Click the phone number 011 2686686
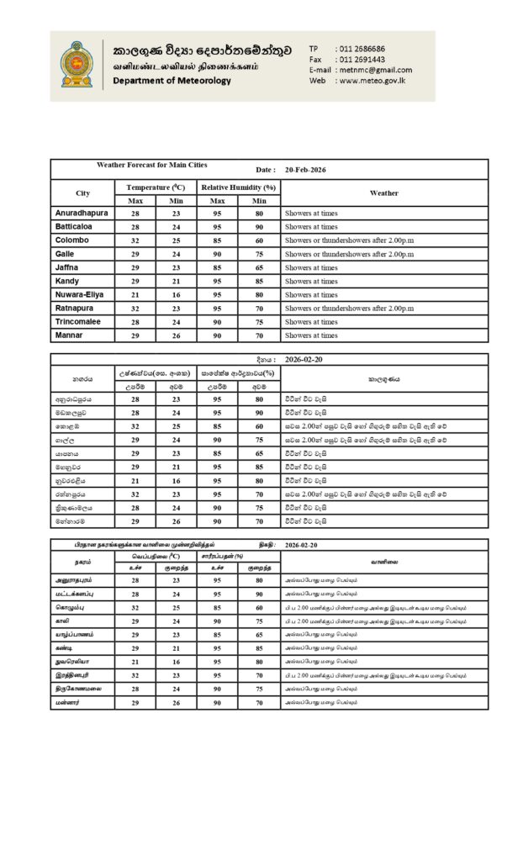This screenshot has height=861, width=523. [x=361, y=49]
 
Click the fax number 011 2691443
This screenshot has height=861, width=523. [x=361, y=60]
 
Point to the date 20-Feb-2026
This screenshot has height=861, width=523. [x=305, y=170]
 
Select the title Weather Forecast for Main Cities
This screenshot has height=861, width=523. [x=152, y=165]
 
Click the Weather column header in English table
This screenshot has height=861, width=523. [x=383, y=193]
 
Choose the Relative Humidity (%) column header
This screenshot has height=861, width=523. [x=238, y=187]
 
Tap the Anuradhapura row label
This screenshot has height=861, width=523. [x=82, y=214]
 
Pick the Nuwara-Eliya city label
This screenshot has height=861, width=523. [x=82, y=294]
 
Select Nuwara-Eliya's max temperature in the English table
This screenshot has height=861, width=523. [x=135, y=295]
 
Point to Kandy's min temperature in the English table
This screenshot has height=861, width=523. [x=177, y=281]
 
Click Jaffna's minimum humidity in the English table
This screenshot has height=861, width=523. [x=259, y=267]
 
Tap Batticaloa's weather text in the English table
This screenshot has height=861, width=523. [x=310, y=227]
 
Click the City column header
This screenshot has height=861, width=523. [x=82, y=193]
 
